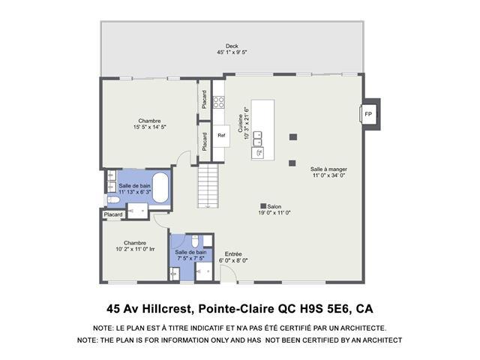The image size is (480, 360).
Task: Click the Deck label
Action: click(x=232, y=46)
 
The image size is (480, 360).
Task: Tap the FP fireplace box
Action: click(x=368, y=114)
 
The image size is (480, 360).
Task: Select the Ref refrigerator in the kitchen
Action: click(x=221, y=136)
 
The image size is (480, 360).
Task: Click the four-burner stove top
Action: click(x=218, y=102)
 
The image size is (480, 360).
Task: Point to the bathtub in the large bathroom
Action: click(x=160, y=187)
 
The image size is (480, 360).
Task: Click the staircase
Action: click(x=208, y=185)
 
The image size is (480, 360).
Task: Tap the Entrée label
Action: click(x=233, y=254)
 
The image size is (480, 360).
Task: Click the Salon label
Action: click(x=274, y=207)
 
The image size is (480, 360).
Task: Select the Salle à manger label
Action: click(x=328, y=169)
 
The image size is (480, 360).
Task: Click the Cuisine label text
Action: click(x=241, y=123)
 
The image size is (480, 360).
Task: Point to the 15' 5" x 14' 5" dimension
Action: click(x=149, y=127)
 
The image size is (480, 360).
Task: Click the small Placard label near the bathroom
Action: click(x=113, y=214)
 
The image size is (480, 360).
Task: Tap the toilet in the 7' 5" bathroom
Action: click(x=195, y=241)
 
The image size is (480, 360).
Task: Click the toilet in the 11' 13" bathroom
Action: click(x=112, y=200)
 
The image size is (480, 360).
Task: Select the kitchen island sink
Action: click(x=257, y=153)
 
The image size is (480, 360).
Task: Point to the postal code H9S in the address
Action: click(x=307, y=308)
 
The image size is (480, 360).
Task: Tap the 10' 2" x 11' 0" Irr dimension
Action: click(x=135, y=249)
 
